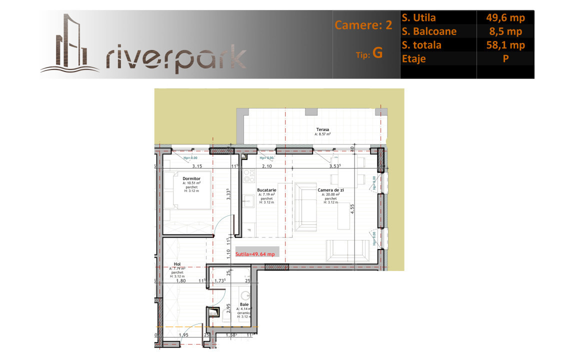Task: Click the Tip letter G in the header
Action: [377, 54]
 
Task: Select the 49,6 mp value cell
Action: [505, 18]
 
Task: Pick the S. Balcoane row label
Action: [428, 31]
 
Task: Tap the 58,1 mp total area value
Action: [505, 45]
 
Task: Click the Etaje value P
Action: [505, 58]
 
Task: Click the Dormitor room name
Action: [191, 178]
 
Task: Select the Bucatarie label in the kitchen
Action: [266, 190]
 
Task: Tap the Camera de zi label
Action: [330, 190]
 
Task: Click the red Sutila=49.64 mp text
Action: [255, 254]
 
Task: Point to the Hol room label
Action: [177, 264]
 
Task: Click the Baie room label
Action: [244, 304]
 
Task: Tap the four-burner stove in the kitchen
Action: [249, 175]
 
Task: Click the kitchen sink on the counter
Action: [248, 201]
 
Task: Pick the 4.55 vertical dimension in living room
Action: [352, 209]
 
